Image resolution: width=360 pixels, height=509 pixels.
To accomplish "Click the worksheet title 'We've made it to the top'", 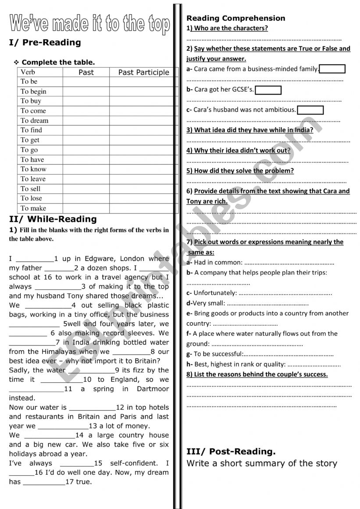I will tap(89, 24).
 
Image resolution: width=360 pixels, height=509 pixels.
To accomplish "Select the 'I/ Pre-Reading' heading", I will tap(45, 43).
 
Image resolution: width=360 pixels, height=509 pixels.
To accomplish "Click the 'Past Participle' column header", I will tap(143, 72).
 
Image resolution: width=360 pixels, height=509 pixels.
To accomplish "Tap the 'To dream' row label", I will tap(34, 121).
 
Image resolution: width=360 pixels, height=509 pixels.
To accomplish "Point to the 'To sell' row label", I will tap(30, 189).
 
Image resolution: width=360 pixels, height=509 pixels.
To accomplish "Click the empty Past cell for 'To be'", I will tap(86, 82).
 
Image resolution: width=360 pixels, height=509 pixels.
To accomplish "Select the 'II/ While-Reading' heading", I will tap(53, 219).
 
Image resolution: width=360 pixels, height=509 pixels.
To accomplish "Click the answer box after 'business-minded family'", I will tap(332, 69).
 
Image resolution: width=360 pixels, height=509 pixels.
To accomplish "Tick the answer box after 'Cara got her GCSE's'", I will tap(268, 90).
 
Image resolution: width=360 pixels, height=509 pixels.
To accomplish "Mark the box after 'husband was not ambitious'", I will tap(310, 110).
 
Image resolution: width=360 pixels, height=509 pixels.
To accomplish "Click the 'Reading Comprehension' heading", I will tap(236, 18).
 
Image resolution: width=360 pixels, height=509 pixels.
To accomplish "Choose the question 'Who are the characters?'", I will tap(228, 28).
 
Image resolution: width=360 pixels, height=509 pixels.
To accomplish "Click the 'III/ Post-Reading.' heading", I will tap(231, 452).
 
